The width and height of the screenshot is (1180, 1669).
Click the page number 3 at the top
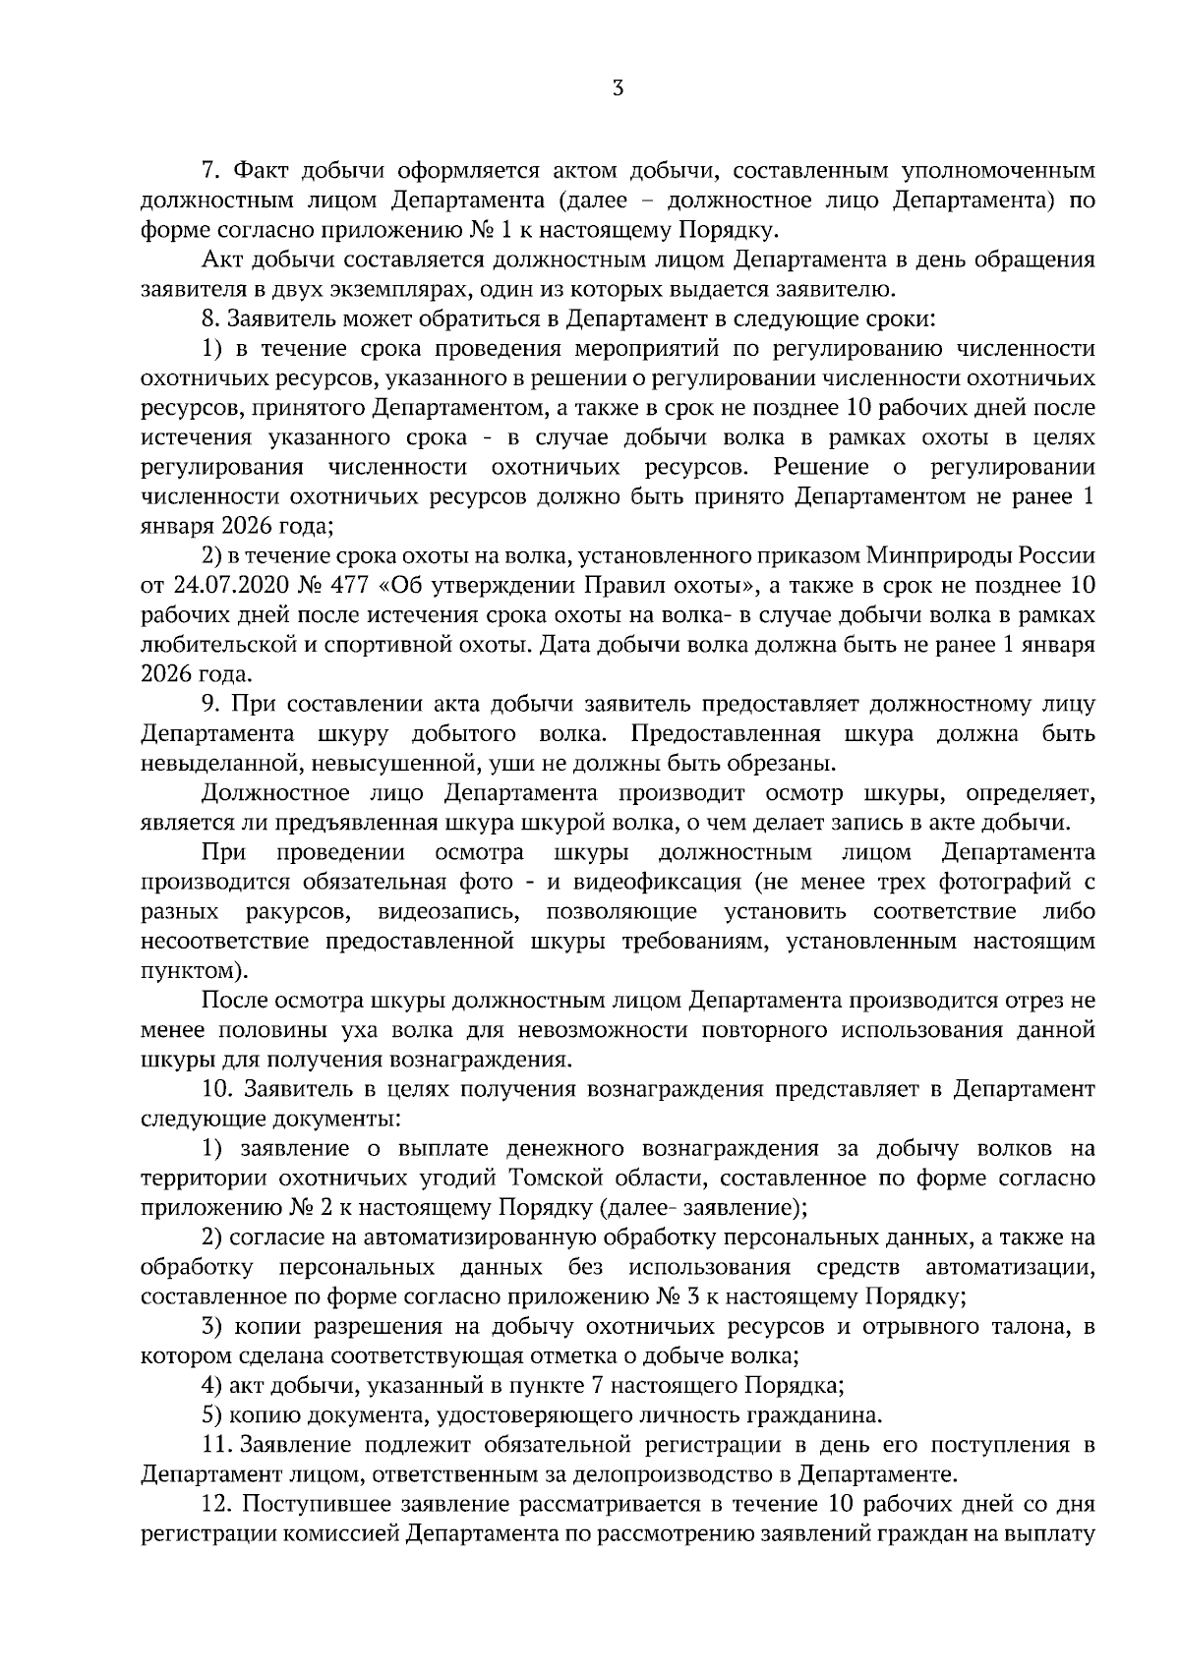(617, 88)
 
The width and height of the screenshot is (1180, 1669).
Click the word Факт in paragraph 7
(262, 171)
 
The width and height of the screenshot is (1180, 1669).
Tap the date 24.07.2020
(227, 586)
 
